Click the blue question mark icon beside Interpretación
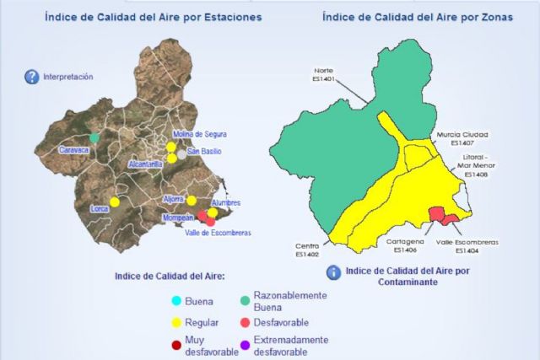[32, 78]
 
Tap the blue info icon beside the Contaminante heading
[334, 272]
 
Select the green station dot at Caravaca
[95, 137]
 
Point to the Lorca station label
[100, 207]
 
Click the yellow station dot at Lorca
[115, 201]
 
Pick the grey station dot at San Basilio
[181, 153]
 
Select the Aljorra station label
[173, 200]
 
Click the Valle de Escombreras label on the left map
[219, 233]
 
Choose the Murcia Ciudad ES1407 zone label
[463, 138]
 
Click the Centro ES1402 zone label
[306, 250]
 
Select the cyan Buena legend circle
[175, 301]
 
